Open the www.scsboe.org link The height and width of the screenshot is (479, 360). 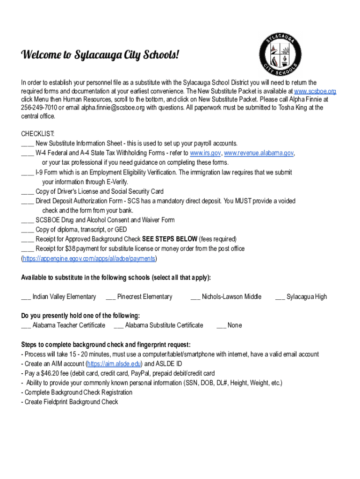point(315,91)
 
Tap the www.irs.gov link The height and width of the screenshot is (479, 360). point(205,153)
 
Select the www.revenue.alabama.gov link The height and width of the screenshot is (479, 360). point(259,153)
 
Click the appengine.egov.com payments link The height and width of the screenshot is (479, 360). point(89,258)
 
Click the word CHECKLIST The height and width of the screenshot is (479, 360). point(38,134)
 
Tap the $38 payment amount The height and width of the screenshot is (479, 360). point(70,248)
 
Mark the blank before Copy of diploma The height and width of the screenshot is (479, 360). point(27,230)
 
